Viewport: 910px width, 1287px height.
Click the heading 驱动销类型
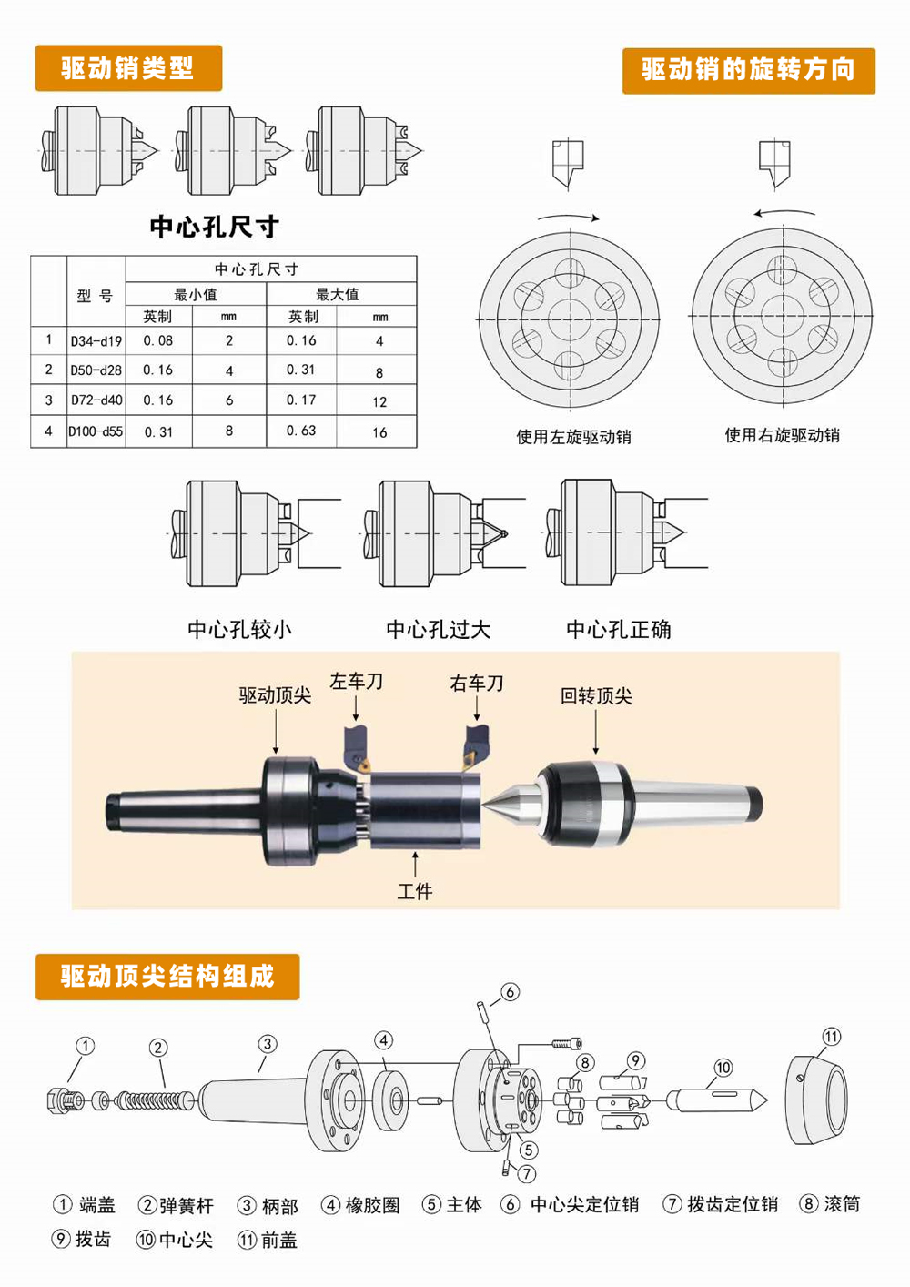pyautogui.click(x=127, y=67)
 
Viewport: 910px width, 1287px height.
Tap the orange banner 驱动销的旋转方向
pyautogui.click(x=749, y=71)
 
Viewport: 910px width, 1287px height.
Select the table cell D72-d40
pyautogui.click(x=96, y=400)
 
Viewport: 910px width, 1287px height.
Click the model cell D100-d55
pyautogui.click(x=96, y=431)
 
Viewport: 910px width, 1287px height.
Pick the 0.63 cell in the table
pyautogui.click(x=301, y=431)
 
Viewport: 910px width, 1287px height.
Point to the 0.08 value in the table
pyautogui.click(x=158, y=340)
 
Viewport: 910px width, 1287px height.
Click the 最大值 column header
pyautogui.click(x=338, y=294)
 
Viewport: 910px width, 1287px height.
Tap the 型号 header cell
pyautogui.click(x=96, y=296)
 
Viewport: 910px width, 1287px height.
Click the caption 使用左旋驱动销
pyautogui.click(x=573, y=437)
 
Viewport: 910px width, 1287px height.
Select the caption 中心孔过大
pyautogui.click(x=439, y=629)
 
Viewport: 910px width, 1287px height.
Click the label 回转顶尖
pyautogui.click(x=596, y=695)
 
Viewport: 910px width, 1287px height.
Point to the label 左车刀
pyautogui.click(x=356, y=681)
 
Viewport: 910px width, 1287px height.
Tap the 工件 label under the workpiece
pyautogui.click(x=415, y=891)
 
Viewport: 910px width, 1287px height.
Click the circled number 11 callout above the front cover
pyautogui.click(x=832, y=1037)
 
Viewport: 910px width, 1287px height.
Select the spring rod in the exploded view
pyautogui.click(x=155, y=1100)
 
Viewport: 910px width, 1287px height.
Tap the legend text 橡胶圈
pyautogui.click(x=372, y=1205)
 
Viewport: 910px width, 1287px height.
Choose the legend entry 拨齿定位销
pyautogui.click(x=733, y=1203)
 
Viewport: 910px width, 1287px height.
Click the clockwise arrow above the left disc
pyautogui.click(x=569, y=217)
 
